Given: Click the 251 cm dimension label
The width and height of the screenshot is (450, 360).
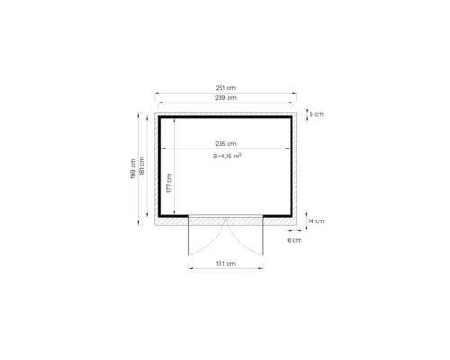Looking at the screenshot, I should [x=225, y=86].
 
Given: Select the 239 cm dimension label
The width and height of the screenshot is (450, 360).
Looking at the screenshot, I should [x=225, y=97].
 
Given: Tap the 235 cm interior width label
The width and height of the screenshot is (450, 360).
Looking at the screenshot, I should [x=225, y=144].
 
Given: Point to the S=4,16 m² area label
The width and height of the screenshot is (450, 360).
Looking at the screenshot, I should [x=226, y=156].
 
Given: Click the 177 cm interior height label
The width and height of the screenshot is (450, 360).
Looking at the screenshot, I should [x=170, y=185].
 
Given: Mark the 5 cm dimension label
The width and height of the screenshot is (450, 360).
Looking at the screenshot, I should [x=316, y=115].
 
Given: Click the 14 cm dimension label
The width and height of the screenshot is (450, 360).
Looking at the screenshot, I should [x=316, y=220].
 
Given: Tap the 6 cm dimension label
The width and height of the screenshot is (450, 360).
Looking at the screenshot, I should [x=295, y=241].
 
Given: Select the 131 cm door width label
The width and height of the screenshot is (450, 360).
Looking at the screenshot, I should [x=225, y=263].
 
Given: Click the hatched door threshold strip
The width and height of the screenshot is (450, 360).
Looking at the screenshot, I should [x=225, y=219].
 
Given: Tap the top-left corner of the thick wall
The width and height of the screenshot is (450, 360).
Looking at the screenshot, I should [x=162, y=118].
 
